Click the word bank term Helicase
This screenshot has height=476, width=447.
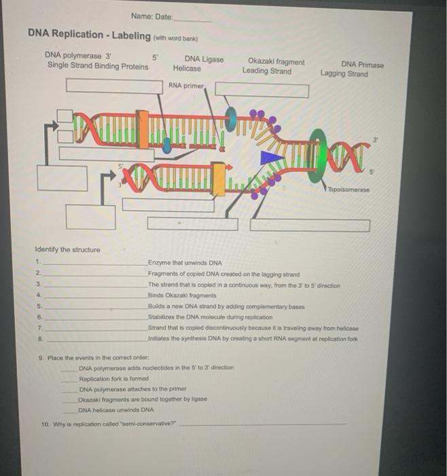click(x=187, y=68)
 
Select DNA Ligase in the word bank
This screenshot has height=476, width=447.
click(x=204, y=59)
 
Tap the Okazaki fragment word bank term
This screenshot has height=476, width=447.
click(x=276, y=62)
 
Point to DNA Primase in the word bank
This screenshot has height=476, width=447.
click(x=362, y=65)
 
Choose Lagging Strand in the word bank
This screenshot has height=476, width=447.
click(x=344, y=73)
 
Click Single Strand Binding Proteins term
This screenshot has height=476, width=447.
click(x=98, y=66)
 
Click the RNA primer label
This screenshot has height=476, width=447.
click(x=186, y=86)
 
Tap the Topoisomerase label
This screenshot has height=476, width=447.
click(x=348, y=190)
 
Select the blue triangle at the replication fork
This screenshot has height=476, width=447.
click(x=270, y=158)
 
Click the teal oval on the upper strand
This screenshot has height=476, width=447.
click(x=231, y=117)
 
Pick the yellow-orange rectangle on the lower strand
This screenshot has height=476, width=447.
click(x=218, y=179)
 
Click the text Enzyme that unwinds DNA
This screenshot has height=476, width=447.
click(x=185, y=263)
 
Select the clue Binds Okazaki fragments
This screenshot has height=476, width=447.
click(x=182, y=295)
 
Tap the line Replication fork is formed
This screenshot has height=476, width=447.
click(x=113, y=379)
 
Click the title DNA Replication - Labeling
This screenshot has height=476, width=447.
click(x=89, y=34)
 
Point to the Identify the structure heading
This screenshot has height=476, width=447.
click(x=68, y=250)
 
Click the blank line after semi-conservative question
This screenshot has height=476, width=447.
click(x=263, y=424)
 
